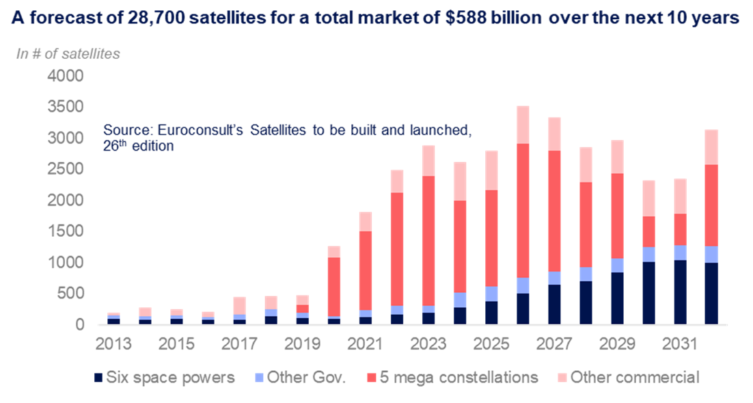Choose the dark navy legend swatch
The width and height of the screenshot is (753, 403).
99,377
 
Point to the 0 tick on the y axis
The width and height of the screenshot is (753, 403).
81,323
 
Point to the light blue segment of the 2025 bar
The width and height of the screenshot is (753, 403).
491,294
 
